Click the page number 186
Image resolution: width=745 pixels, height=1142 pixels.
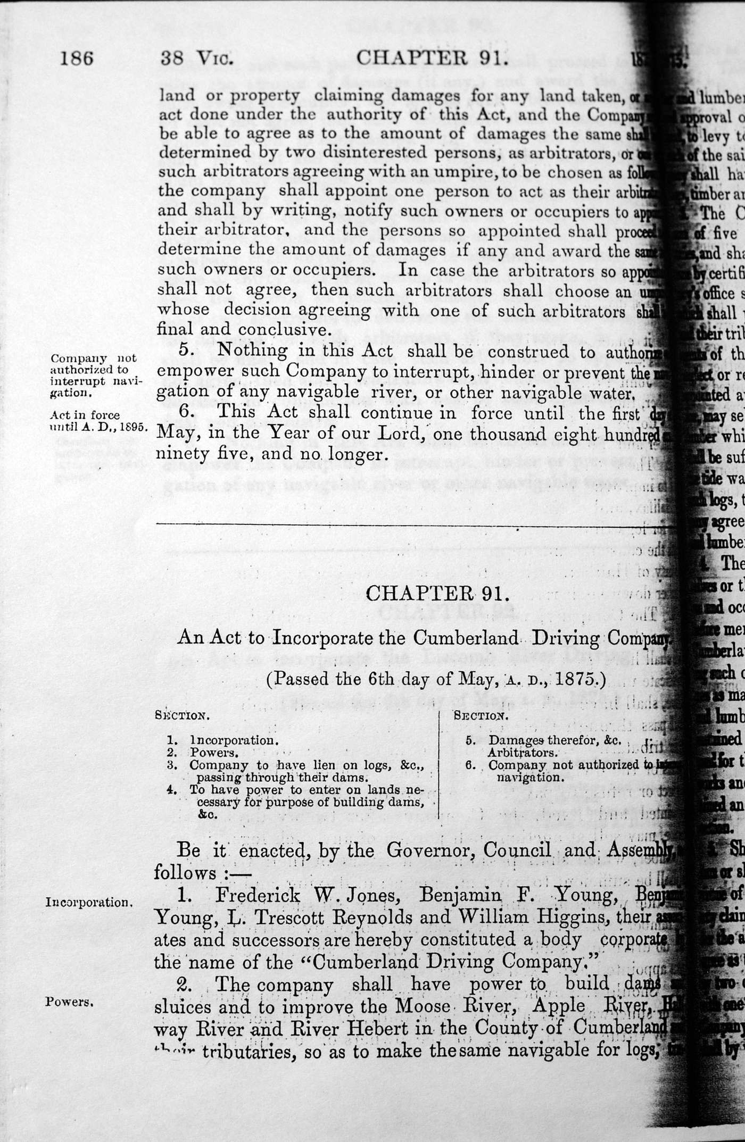pos(77,57)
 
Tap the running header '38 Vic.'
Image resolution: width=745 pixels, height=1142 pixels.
pos(197,57)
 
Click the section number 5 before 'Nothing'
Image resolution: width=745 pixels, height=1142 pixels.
pos(185,350)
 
